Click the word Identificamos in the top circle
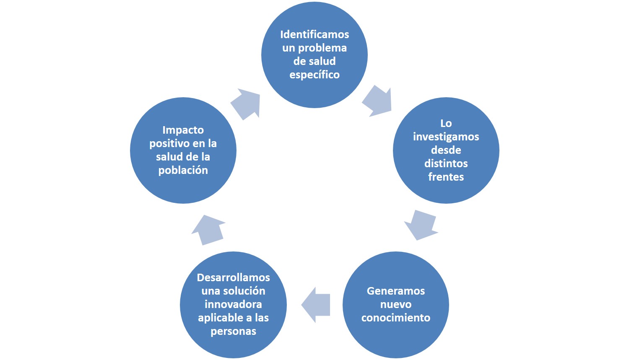click(x=314, y=34)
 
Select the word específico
click(x=314, y=75)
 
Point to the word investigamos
click(x=446, y=137)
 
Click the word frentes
click(x=446, y=177)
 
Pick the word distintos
click(x=446, y=163)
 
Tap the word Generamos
click(x=395, y=291)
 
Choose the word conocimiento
click(x=395, y=318)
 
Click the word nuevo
click(x=395, y=304)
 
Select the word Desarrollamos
click(x=233, y=277)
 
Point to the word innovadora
click(x=233, y=304)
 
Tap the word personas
click(x=233, y=331)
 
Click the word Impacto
click(x=183, y=130)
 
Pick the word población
click(x=183, y=170)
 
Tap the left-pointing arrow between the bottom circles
click(x=316, y=305)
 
